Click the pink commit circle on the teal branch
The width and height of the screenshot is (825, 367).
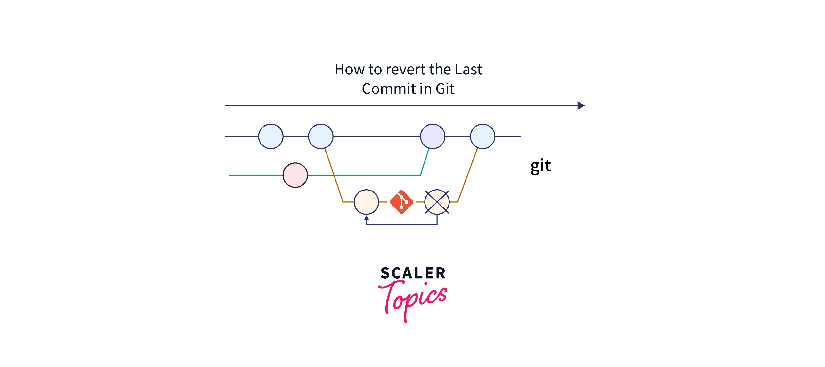click(295, 175)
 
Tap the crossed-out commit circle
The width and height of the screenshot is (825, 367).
click(437, 202)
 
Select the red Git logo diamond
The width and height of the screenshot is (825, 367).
click(401, 202)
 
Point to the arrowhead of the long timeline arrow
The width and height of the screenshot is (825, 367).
click(581, 106)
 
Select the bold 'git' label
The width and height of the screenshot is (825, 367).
click(541, 166)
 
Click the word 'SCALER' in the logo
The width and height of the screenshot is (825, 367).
click(413, 273)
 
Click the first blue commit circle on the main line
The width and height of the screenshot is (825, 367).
click(271, 136)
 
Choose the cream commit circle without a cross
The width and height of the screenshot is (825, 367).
click(366, 202)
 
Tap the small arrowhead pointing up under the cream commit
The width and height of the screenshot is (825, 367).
click(366, 218)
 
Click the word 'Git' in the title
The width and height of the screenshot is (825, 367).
click(445, 89)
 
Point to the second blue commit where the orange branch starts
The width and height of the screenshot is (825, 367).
click(321, 136)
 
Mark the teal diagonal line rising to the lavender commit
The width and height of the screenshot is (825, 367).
click(425, 162)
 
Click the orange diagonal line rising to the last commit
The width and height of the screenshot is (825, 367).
click(468, 175)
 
